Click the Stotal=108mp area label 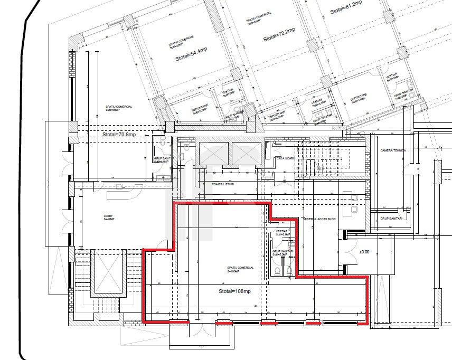(234, 291)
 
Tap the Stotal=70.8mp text (119, 135)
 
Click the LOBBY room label (108, 217)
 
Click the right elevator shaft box (247, 154)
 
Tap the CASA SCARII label (285, 158)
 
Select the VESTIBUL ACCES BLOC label (321, 219)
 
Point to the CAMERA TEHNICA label (393, 150)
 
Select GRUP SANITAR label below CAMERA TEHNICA (391, 218)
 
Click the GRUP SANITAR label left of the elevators (161, 159)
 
